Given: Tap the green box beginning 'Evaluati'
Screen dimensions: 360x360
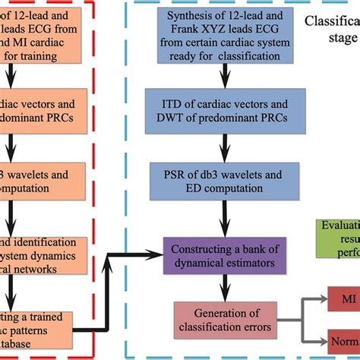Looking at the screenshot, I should (x=339, y=236).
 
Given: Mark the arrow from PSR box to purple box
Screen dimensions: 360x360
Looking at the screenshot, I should (x=221, y=219).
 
